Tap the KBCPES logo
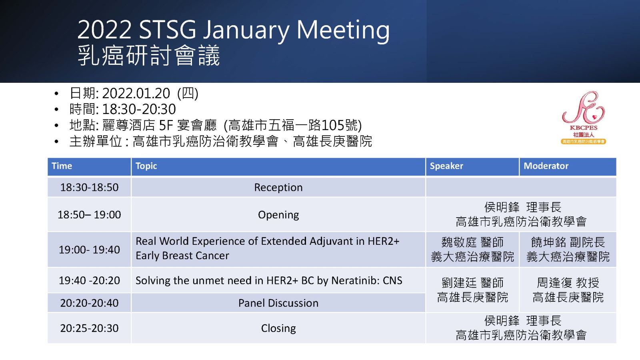pos(584,118)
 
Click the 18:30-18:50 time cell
pos(89,188)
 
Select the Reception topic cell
pos(278,188)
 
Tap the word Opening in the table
pos(278,215)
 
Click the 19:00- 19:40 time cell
pos(89,250)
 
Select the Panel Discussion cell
pos(278,303)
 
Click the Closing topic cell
pos(278,328)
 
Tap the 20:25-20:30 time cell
pos(89,328)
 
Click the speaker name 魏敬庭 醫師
pos(472,242)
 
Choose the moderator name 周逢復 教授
pos(568,283)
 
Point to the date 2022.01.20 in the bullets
pos(136,94)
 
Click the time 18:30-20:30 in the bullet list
pos(139,109)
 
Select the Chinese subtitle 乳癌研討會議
pos(148,56)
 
